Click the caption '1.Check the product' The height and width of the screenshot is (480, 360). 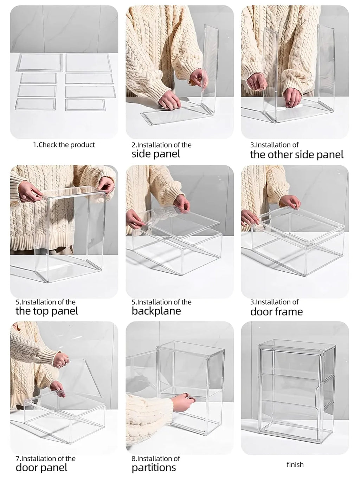coord(64,145)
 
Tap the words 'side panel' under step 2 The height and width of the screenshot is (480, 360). coord(156,154)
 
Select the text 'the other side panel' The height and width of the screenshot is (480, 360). coord(296,154)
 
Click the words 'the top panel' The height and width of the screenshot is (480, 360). coord(47,311)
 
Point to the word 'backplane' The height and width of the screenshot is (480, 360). coord(156,311)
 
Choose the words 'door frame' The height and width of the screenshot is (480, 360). coord(276,312)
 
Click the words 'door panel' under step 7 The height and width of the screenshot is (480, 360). coord(41,468)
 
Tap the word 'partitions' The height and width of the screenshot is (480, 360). coord(154,468)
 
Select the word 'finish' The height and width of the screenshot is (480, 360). coord(295,465)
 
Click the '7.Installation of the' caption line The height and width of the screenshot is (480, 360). coord(45,459)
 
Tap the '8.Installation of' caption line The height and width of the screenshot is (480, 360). coord(155,459)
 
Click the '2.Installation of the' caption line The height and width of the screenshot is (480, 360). coord(161,145)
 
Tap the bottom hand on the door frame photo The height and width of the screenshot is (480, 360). coord(250,217)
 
